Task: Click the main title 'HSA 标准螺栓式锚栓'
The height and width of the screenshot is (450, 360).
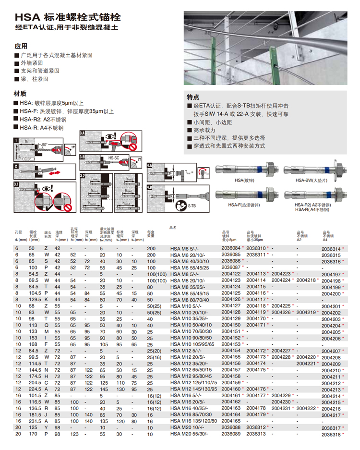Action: pos(67,17)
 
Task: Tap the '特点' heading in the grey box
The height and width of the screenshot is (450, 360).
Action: pos(193,97)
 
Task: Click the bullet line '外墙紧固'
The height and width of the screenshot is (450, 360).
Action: pos(31,63)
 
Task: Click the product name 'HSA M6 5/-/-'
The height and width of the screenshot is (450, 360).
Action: pos(181,248)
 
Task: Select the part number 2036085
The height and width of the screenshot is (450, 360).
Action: pos(230,255)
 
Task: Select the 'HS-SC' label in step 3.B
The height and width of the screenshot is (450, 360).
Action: pos(114,158)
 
